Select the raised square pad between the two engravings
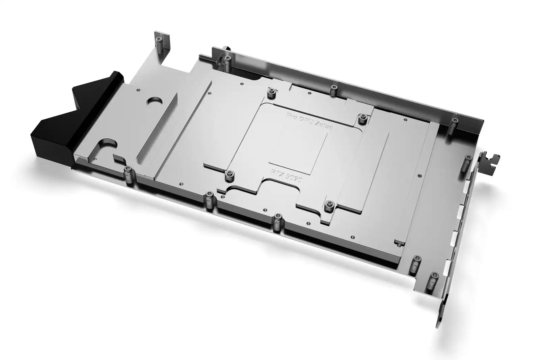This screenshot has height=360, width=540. click(x=298, y=149)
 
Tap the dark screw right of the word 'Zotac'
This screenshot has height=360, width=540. click(x=363, y=118)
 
